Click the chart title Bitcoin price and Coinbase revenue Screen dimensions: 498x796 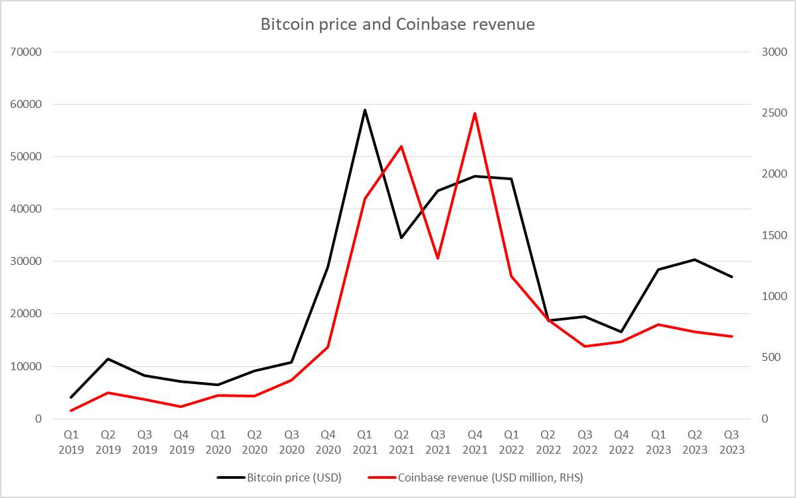397,25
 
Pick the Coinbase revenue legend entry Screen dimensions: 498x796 491,477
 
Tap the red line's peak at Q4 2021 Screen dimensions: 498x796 475,113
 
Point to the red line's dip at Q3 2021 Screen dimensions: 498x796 438,258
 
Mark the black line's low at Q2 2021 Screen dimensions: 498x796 401,238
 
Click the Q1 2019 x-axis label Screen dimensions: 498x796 71,442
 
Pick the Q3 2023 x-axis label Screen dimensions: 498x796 731,442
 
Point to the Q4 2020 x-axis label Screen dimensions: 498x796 328,442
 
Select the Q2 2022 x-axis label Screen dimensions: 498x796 548,442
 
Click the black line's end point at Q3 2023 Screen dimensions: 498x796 732,277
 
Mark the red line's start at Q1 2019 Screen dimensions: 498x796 71,411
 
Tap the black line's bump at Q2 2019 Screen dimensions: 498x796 108,359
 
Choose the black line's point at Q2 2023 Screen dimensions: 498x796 695,260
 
